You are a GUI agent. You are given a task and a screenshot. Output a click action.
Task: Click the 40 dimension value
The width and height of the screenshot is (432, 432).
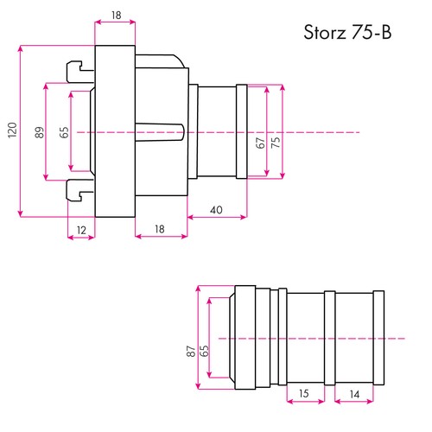(216, 210)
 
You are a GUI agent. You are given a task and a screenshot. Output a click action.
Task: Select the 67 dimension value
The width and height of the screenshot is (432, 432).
(260, 143)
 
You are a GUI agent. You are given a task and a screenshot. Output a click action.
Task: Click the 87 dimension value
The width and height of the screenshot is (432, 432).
(189, 352)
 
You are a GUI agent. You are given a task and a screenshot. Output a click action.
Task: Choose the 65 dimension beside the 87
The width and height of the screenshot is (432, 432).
(204, 352)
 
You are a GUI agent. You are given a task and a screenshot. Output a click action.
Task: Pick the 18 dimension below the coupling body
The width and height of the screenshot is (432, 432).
(160, 228)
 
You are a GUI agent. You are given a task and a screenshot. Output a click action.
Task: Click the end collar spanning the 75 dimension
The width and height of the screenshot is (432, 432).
(242, 131)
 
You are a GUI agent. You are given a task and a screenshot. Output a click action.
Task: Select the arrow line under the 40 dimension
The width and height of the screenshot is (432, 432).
(217, 218)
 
